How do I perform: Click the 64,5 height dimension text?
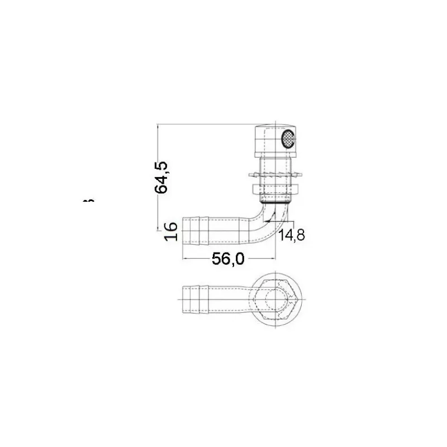coord(161,177)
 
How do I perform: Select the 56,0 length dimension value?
coord(228,259)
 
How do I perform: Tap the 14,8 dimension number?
coord(291,235)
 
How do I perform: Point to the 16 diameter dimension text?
coord(171,232)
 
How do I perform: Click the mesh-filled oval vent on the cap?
coord(288,139)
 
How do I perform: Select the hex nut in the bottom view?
coord(275,300)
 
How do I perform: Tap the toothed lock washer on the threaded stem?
coord(275,174)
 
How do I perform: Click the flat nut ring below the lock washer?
coord(275,189)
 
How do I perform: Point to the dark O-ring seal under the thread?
coord(275,203)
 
